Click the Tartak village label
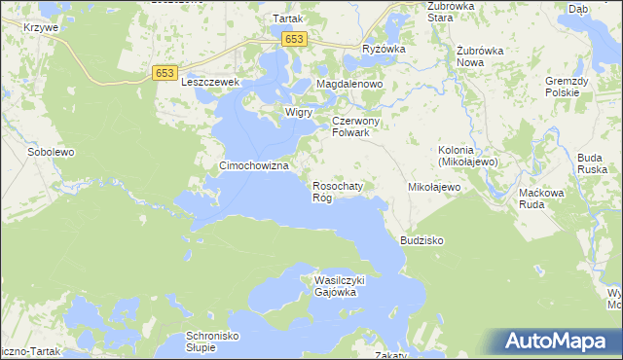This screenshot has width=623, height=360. click(288, 18)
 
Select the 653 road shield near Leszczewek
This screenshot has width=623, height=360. click(165, 72)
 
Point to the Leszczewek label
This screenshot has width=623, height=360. click(210, 84)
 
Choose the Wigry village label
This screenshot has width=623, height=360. click(298, 112)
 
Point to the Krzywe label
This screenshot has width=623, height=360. click(43, 27)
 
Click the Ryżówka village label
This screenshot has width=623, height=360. click(383, 49)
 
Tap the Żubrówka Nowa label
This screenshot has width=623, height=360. click(484, 55)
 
